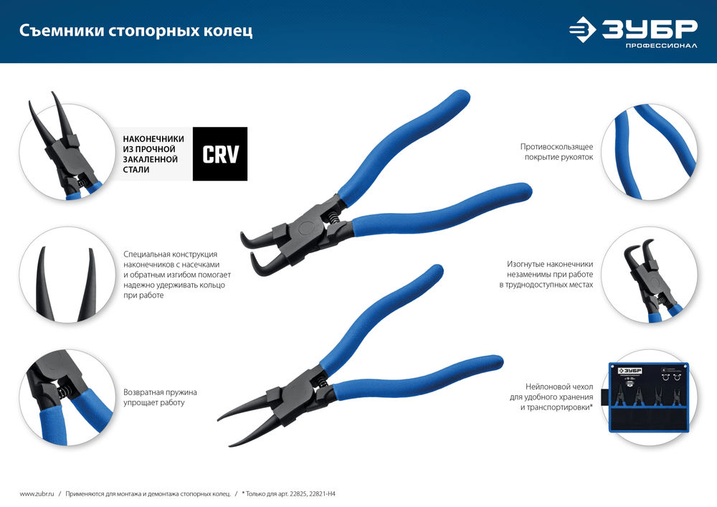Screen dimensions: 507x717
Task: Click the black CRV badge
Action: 220,154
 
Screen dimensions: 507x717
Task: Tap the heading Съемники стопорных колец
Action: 136,32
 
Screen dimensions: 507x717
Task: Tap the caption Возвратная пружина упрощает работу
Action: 160,397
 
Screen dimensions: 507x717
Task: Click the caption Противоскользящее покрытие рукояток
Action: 556,151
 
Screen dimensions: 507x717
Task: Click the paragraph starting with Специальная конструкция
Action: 174,275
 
